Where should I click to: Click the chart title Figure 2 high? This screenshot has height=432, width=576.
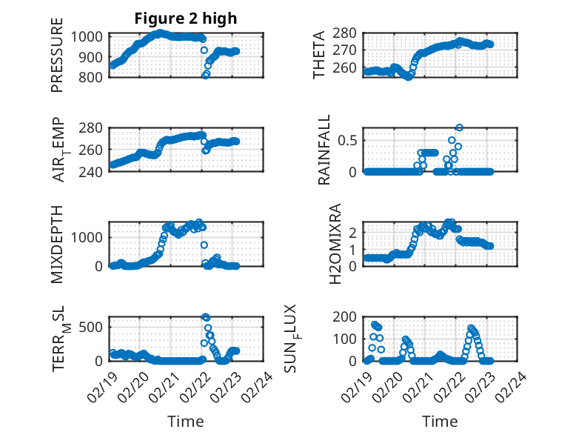click(186, 19)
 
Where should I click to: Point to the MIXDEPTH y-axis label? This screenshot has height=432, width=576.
click(57, 244)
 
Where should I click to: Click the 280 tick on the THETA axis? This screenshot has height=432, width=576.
click(349, 33)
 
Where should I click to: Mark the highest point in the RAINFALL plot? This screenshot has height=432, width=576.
click(460, 127)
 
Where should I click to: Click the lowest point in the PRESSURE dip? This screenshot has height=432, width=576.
click(205, 75)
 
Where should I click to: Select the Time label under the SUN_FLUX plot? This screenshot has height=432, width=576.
click(440, 422)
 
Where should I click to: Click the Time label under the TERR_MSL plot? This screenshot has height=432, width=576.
click(185, 422)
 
